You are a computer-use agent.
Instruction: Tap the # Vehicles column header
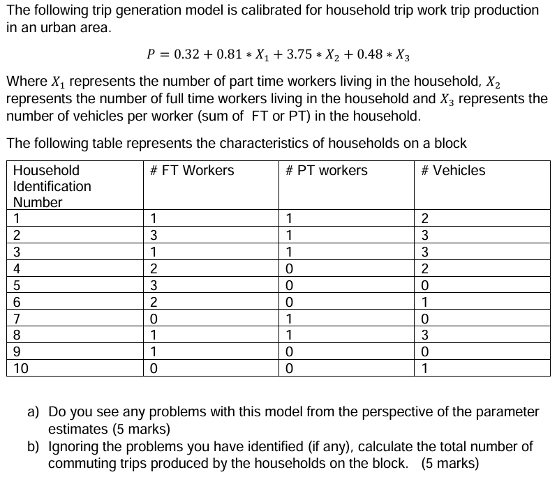pyautogui.click(x=453, y=171)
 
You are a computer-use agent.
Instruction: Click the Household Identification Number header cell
pyautogui.click(x=52, y=186)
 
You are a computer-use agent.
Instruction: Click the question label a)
pyautogui.click(x=34, y=411)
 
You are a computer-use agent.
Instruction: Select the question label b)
pyautogui.click(x=34, y=446)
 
